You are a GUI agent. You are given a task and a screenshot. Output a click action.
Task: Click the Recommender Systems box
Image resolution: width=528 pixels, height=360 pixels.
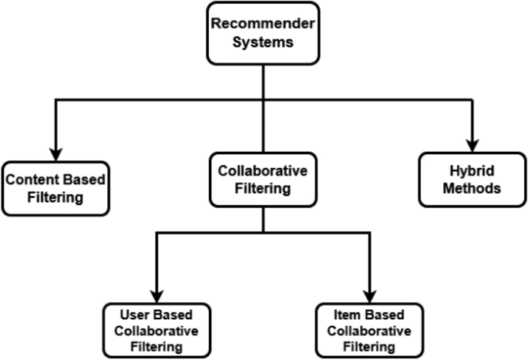click(264, 32)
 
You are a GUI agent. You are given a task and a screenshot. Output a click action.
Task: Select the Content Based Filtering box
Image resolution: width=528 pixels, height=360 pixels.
click(55, 188)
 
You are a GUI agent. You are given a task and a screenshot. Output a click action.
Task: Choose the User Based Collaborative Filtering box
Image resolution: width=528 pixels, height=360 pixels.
click(156, 330)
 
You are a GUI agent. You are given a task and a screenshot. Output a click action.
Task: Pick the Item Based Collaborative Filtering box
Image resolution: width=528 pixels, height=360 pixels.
click(370, 330)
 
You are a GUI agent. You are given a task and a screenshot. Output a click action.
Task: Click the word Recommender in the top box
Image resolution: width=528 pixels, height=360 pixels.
click(264, 23)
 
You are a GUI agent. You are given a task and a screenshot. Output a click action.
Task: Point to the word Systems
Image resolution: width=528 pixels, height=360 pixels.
click(264, 42)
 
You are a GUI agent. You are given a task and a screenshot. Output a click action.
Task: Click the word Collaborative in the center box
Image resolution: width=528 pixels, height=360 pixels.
click(264, 171)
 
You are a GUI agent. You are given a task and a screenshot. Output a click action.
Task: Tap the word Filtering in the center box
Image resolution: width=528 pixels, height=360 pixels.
click(264, 189)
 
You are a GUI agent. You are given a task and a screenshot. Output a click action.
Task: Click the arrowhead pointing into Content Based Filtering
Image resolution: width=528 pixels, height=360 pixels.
click(55, 150)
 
